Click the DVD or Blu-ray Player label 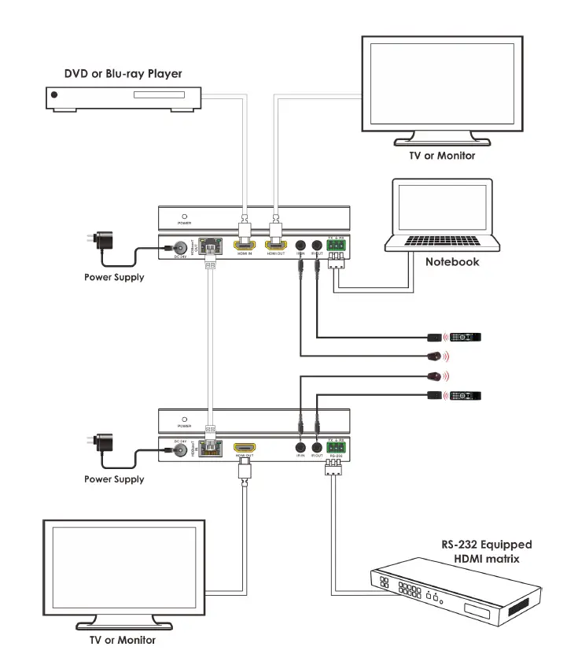click(x=123, y=74)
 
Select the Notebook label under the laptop click(x=452, y=262)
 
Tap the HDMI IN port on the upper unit click(x=244, y=246)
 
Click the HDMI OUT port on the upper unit click(x=275, y=246)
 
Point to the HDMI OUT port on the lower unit click(x=244, y=449)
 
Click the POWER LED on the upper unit click(x=183, y=216)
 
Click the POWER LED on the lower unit click(x=183, y=419)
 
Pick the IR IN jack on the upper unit click(x=300, y=245)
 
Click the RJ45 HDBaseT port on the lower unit click(x=208, y=449)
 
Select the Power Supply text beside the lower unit click(x=114, y=479)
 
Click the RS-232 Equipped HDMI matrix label click(x=486, y=551)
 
